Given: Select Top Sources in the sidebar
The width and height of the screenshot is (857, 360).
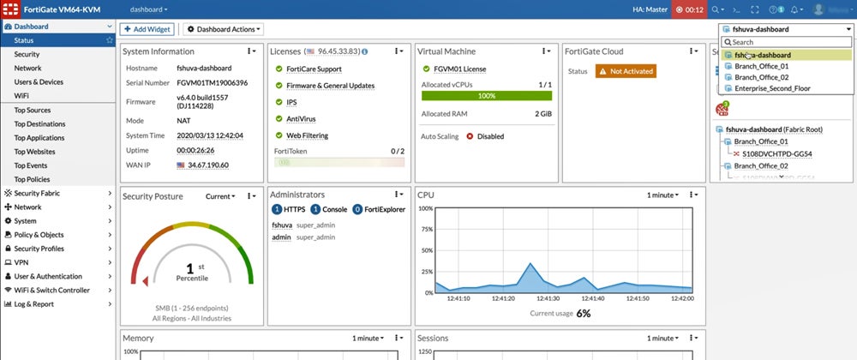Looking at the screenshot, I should coord(33,111).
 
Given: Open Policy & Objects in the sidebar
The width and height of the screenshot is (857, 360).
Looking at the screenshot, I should coord(39,234).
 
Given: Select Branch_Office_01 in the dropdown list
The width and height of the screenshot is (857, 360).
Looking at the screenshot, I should coord(761,66).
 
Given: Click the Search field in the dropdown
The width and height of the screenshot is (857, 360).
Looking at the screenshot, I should coord(787,42).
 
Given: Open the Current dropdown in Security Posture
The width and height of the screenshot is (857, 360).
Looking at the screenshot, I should coord(220,196).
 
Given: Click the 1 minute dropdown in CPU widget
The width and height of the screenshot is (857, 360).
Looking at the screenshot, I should coord(663,196).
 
